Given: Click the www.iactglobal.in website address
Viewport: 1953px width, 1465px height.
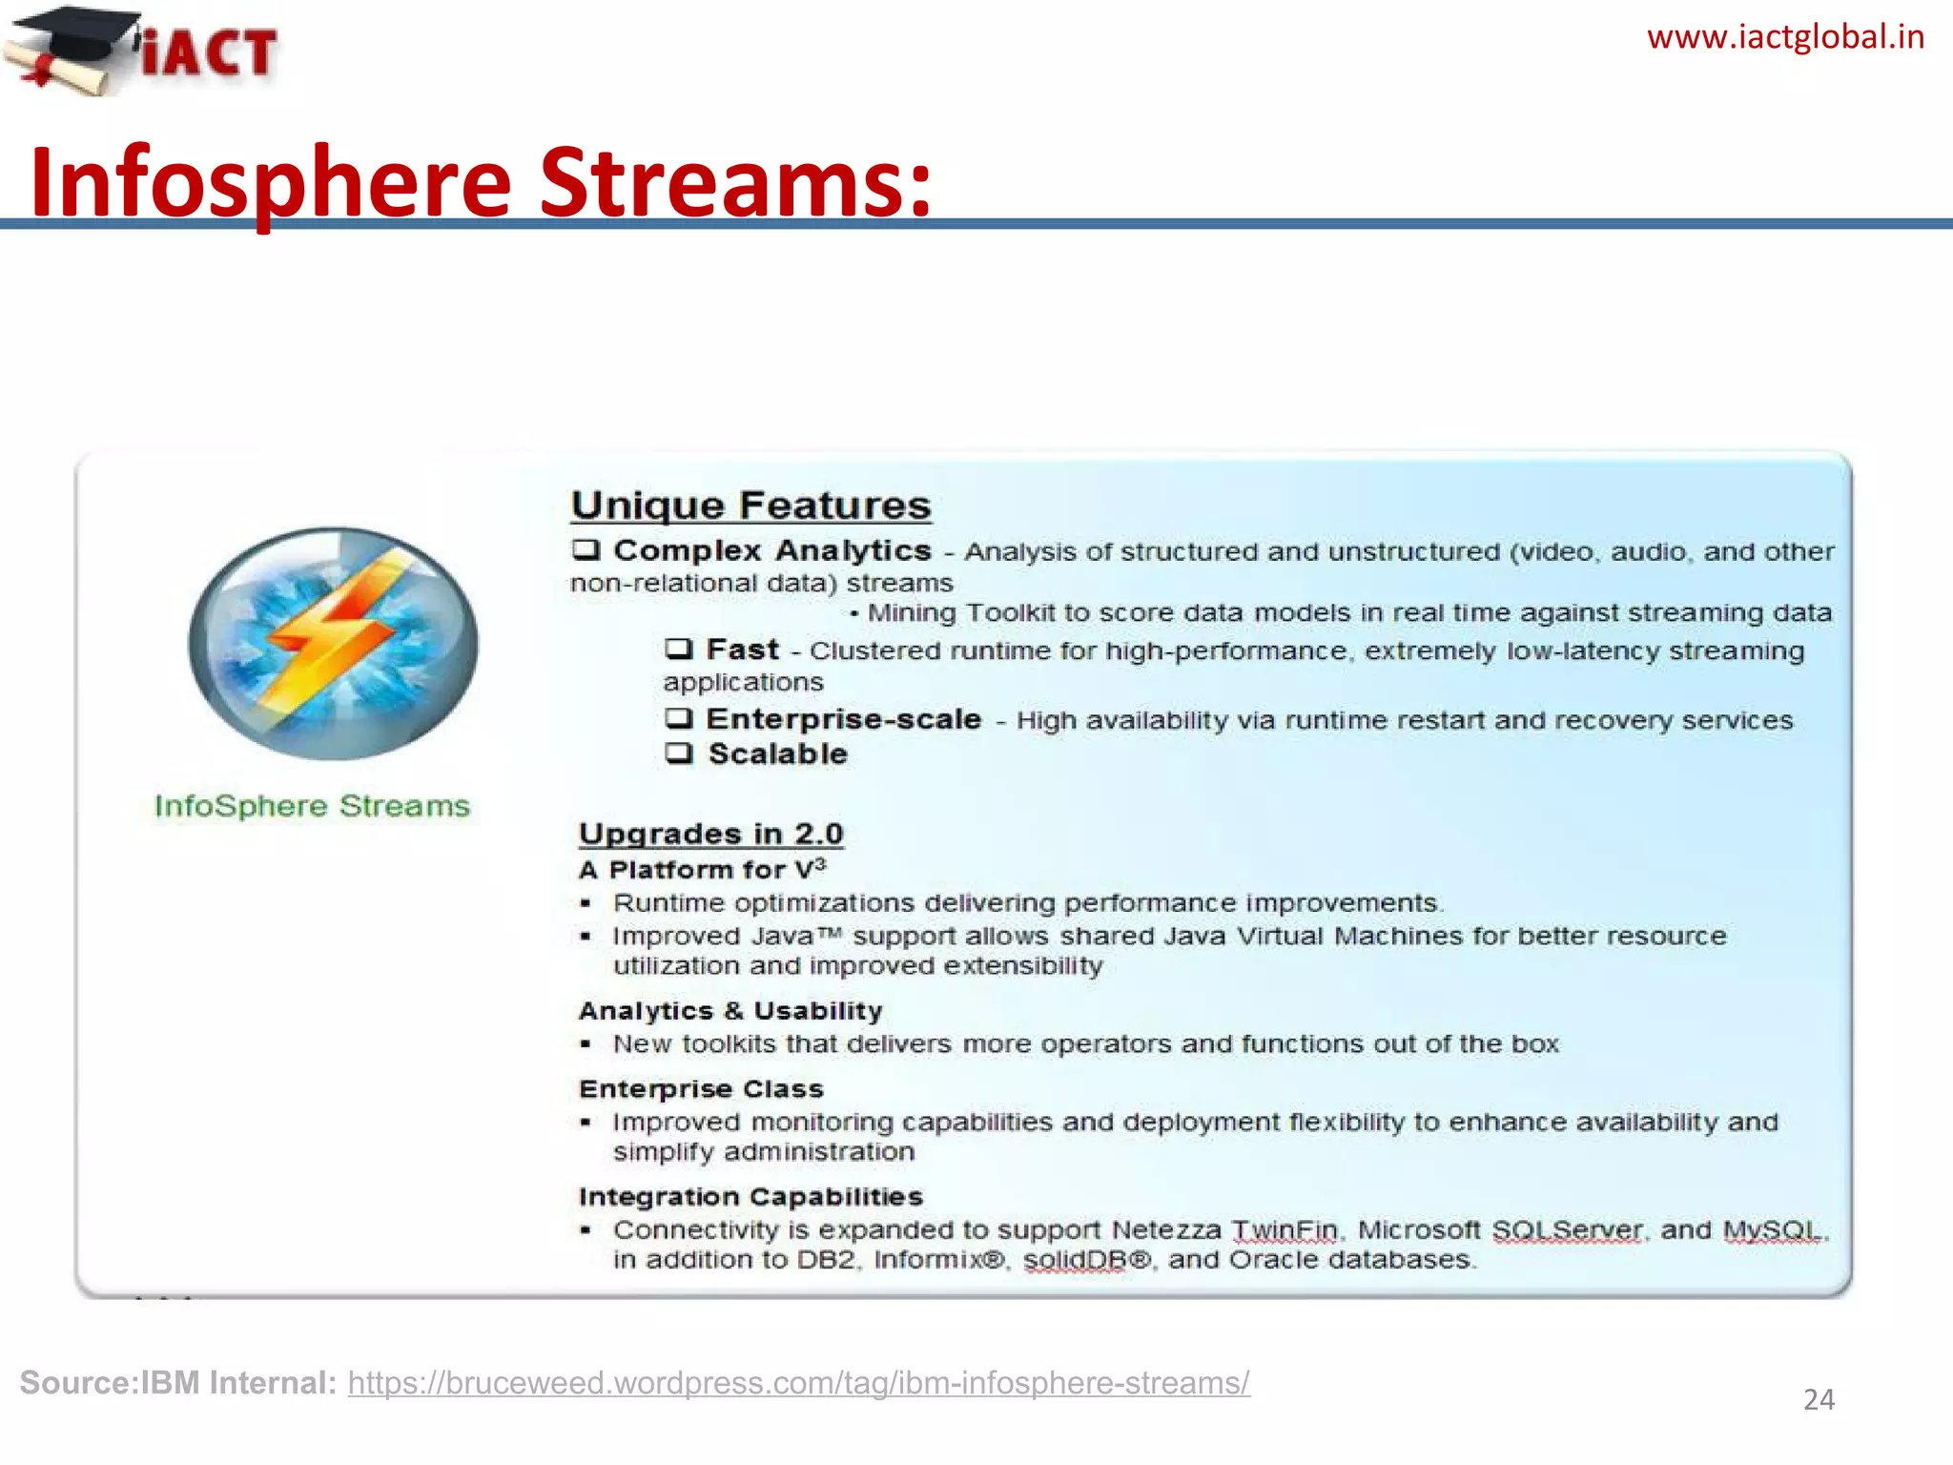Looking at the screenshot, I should pos(1785,37).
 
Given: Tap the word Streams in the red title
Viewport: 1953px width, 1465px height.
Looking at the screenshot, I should pos(735,181).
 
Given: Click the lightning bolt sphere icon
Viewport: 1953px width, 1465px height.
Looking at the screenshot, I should pos(333,643).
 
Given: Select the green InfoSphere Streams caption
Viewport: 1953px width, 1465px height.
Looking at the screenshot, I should pos(312,806).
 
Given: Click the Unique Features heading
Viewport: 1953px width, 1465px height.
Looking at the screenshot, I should pos(750,506).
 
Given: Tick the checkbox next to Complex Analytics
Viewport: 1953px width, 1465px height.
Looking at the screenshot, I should pos(586,550).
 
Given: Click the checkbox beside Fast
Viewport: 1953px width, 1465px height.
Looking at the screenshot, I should pos(679,650).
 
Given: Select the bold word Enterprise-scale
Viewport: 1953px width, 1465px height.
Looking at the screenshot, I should pos(843,719).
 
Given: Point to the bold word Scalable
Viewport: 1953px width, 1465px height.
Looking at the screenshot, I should pos(777,754).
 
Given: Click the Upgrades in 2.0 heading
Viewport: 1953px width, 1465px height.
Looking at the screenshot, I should pos(710,834).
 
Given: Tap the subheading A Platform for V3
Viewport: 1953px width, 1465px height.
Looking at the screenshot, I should pos(701,870).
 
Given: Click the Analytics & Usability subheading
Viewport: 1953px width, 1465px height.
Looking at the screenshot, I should pos(730,1011).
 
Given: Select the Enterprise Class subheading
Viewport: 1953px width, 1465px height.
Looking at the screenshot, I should pos(701,1089).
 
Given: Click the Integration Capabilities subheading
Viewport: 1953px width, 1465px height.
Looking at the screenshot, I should pos(750,1197).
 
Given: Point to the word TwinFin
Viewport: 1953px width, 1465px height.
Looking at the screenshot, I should pos(1285,1230).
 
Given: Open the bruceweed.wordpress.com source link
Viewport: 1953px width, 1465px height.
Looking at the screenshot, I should pos(798,1383).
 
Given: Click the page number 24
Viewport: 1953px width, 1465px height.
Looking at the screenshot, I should pos(1819,1399).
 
